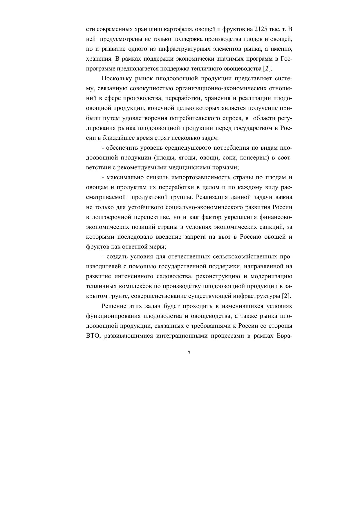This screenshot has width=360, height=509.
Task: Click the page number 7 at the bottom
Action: coord(189,353)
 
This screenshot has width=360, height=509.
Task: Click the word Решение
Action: coord(114,306)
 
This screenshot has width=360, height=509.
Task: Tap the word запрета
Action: coord(195,237)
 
